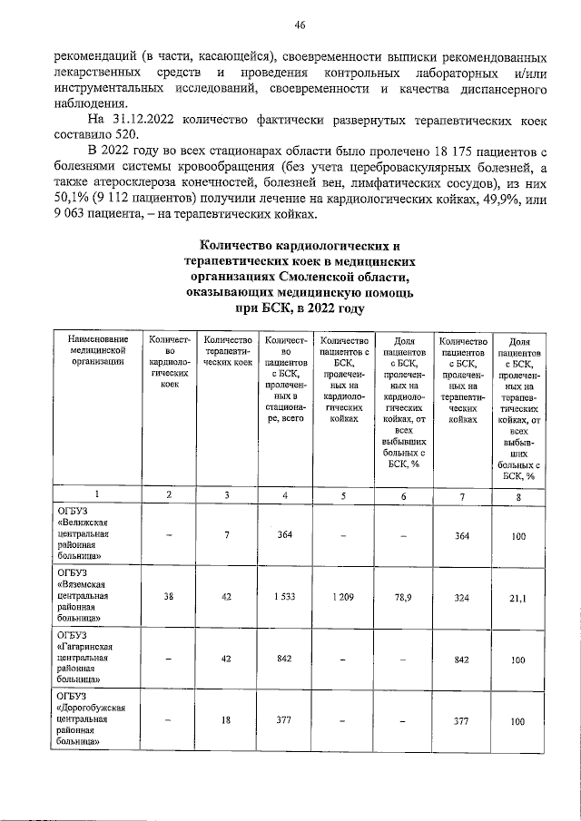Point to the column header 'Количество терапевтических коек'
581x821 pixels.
[x=228, y=351]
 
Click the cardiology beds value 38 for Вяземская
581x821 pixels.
[x=167, y=598]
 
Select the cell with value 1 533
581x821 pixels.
[x=285, y=598]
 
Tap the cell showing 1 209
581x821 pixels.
[x=343, y=598]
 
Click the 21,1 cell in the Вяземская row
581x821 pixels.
[x=517, y=598]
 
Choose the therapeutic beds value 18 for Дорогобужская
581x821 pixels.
[x=228, y=720]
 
